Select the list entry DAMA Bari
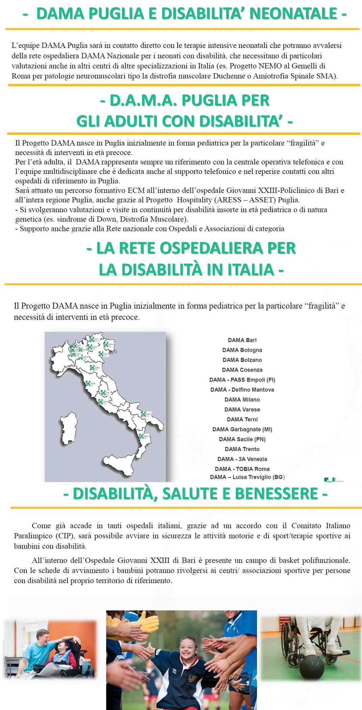pyautogui.click(x=242, y=340)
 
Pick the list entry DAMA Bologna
pyautogui.click(x=242, y=350)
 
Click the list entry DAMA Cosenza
pyautogui.click(x=242, y=370)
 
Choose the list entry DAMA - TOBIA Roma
pyautogui.click(x=242, y=469)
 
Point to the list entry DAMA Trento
pyautogui.click(x=242, y=449)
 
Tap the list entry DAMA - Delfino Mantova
pyautogui.click(x=242, y=390)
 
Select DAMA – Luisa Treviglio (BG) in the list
pyautogui.click(x=247, y=477)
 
